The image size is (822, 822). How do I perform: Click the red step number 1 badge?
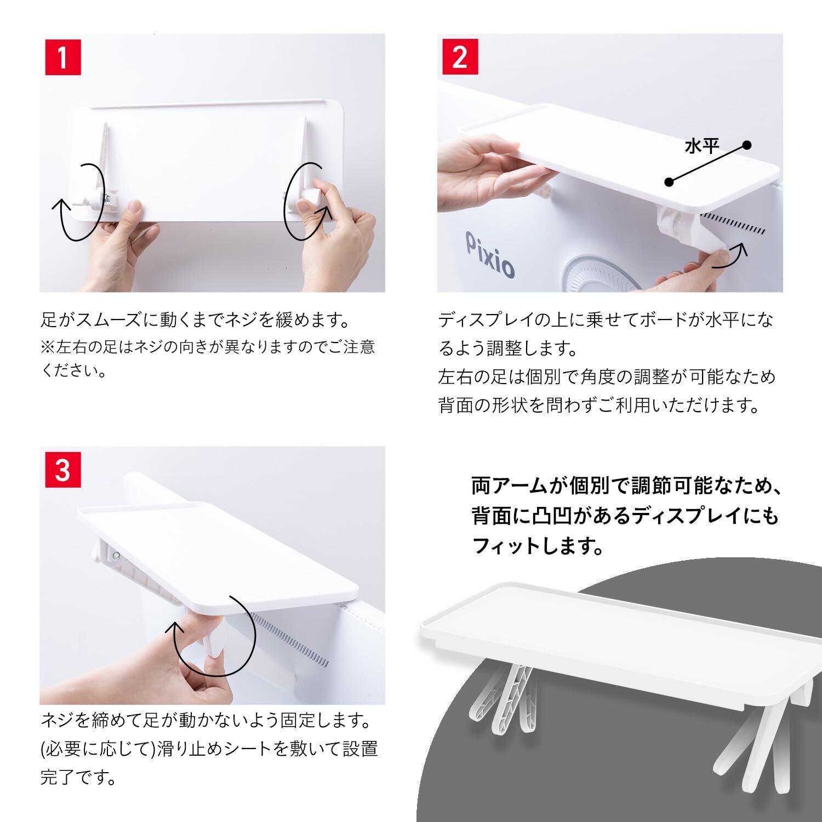click(x=62, y=57)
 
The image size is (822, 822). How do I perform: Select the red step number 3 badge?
click(x=62, y=470)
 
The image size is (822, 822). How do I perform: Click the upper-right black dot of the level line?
click(x=746, y=145)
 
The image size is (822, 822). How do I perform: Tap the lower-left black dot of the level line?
click(x=669, y=182)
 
